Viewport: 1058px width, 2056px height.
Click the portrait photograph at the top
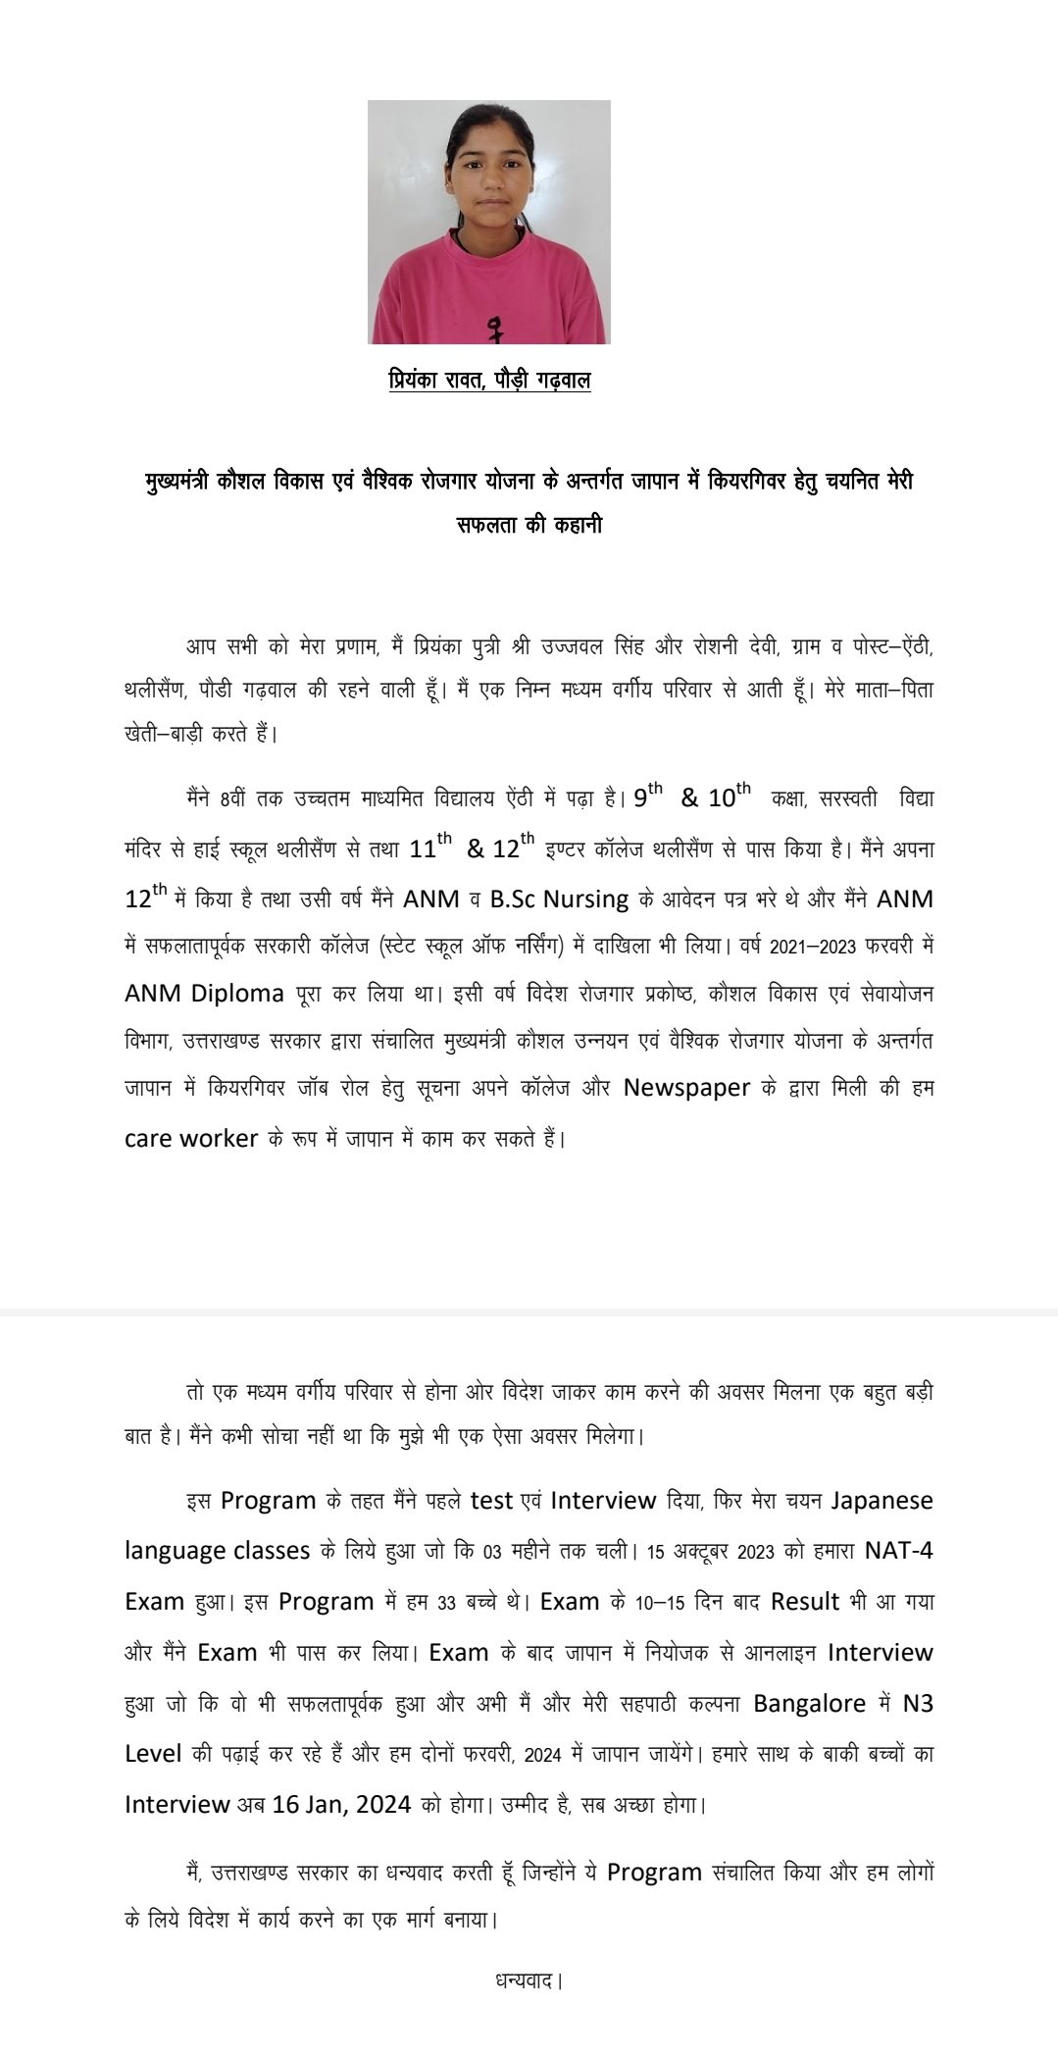(488, 222)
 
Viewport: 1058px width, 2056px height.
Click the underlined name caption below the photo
(489, 380)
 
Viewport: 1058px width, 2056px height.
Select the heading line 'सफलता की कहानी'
(529, 525)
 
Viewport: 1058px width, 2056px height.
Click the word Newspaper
(686, 1088)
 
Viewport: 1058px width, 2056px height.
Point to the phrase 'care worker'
(191, 1139)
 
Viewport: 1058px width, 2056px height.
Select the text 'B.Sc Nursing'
(559, 899)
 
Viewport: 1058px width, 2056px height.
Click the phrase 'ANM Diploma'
(204, 994)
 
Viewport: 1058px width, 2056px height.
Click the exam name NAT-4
(899, 1551)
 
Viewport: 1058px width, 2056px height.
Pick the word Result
(805, 1602)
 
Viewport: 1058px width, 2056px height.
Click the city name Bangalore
(810, 1703)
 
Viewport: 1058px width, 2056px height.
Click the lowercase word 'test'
(492, 1501)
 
